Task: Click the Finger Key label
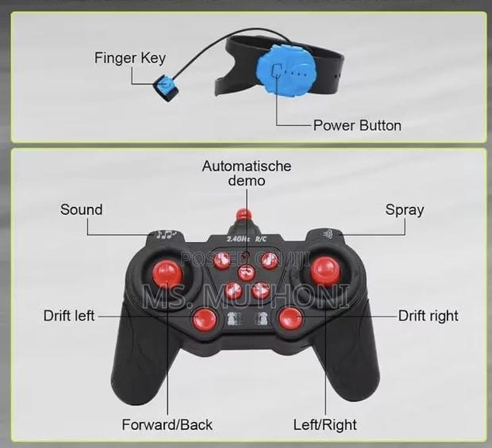click(130, 57)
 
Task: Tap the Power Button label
click(356, 125)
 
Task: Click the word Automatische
click(246, 166)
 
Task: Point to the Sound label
click(81, 209)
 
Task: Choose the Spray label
click(404, 209)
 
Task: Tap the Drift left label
click(69, 316)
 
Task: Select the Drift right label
click(428, 316)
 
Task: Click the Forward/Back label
click(167, 424)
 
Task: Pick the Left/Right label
click(325, 424)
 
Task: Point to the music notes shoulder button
click(167, 235)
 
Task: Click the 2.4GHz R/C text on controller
click(247, 238)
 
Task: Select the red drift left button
click(205, 320)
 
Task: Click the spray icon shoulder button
click(328, 234)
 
